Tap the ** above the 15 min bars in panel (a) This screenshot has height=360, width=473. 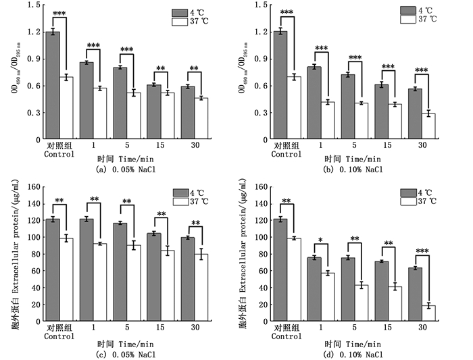[x=161, y=68]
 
